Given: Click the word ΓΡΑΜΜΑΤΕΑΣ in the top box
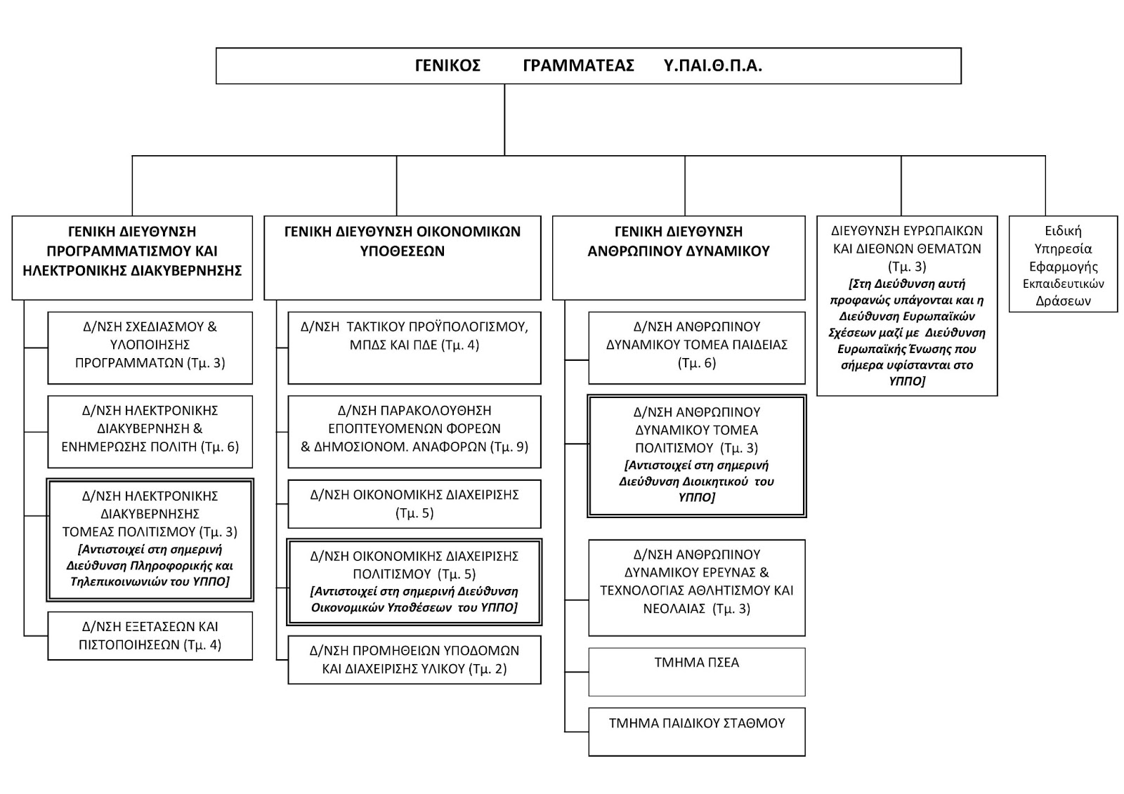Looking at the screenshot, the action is coord(579,66).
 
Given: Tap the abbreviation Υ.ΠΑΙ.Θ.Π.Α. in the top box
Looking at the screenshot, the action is coord(712,66).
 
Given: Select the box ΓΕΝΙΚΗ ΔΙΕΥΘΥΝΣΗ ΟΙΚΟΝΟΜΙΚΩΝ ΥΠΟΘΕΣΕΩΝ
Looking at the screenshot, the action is coord(403,258).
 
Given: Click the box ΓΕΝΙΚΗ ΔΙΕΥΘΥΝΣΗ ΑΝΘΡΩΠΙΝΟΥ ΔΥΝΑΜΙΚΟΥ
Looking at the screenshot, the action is coord(679,258).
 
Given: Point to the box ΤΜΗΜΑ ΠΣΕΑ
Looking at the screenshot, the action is coord(697,672).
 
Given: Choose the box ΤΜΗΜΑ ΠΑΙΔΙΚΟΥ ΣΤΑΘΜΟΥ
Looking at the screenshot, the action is coord(697,732).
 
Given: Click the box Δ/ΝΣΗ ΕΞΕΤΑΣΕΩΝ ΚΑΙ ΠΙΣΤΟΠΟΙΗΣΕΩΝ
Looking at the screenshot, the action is coord(150,635).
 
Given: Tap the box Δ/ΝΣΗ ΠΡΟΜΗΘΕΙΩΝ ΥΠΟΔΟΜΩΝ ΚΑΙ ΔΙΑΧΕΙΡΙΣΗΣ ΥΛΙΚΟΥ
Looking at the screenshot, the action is coord(414,660).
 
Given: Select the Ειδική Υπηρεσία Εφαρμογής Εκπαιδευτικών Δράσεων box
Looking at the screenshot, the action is coord(1064,264).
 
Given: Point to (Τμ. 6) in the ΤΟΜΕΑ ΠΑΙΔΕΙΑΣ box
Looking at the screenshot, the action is coord(697,363).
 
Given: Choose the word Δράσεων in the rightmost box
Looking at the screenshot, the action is coord(1064,301).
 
